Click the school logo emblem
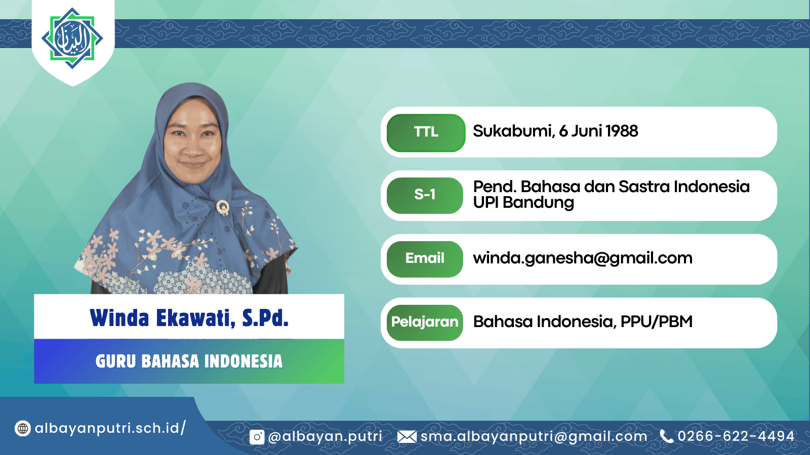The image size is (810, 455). (x=72, y=38)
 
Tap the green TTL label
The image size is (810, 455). (x=426, y=132)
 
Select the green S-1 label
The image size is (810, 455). (x=425, y=195)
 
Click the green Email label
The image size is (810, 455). (x=425, y=259)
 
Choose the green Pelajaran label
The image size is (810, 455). (x=425, y=323)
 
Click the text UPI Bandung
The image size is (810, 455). (x=523, y=203)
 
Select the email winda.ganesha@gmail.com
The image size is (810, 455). (x=583, y=258)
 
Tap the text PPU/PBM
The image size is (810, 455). (x=657, y=322)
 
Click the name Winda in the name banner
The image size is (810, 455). (x=119, y=318)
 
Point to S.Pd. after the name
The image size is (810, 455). (x=265, y=318)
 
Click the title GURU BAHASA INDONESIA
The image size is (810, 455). (x=189, y=361)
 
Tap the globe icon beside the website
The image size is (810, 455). (x=22, y=429)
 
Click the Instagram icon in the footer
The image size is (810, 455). (x=257, y=437)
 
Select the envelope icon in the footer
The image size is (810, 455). (x=407, y=437)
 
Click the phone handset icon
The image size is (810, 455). (x=666, y=436)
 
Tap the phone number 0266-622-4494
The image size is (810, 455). (x=736, y=436)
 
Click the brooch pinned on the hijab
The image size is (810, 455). (x=223, y=207)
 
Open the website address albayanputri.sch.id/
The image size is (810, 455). (x=110, y=428)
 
